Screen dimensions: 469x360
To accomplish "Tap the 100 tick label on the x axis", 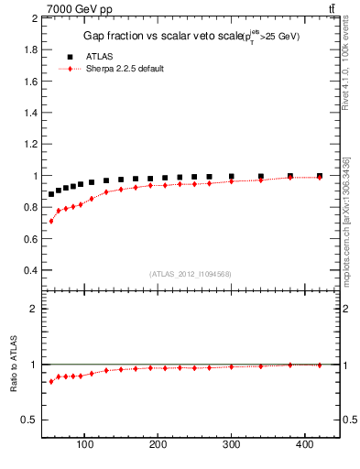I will [x=85, y=444].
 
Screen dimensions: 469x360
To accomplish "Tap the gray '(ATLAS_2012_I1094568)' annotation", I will [x=191, y=273].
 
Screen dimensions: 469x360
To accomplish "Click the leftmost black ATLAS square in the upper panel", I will [x=51, y=194].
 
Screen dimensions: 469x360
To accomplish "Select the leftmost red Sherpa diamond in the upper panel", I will [x=51, y=221].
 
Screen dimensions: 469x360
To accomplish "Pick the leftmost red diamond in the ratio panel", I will [x=51, y=381].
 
